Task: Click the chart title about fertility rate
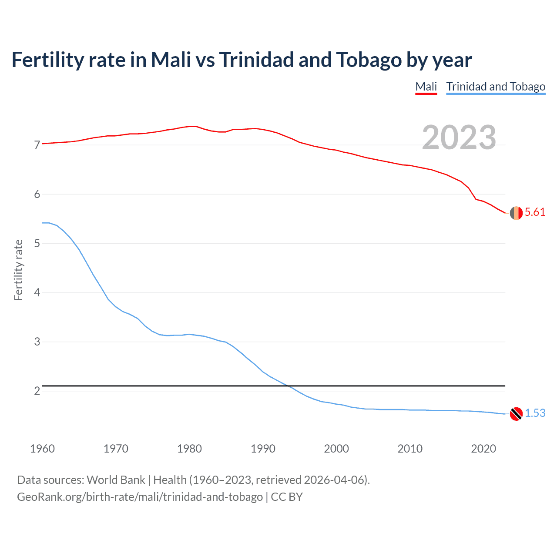click(x=242, y=60)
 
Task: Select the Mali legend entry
click(x=426, y=87)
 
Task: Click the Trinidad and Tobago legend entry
click(x=496, y=87)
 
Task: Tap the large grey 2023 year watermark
click(x=459, y=138)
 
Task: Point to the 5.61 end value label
click(x=535, y=212)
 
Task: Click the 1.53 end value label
click(x=535, y=413)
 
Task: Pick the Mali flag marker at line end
click(x=516, y=213)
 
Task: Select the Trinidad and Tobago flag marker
click(x=516, y=414)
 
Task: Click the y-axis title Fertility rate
click(x=18, y=270)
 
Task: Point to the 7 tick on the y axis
click(x=37, y=145)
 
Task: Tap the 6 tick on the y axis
click(x=37, y=194)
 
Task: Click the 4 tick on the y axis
click(x=37, y=292)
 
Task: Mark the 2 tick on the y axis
click(x=37, y=391)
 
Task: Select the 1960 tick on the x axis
click(x=42, y=449)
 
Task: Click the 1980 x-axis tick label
click(x=189, y=449)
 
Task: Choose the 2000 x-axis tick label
click(x=336, y=449)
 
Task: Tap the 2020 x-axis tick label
click(x=483, y=449)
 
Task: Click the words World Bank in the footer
click(x=116, y=480)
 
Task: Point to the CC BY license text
click(x=287, y=497)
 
